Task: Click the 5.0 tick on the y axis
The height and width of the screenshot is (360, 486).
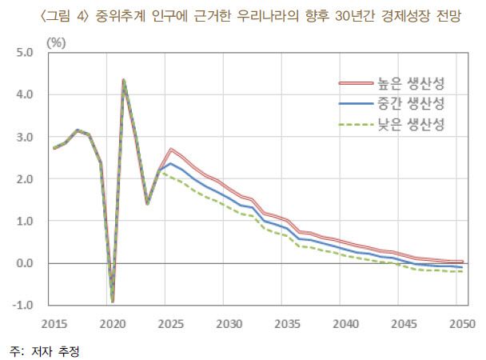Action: (23, 53)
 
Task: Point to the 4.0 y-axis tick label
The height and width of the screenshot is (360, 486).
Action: (23, 94)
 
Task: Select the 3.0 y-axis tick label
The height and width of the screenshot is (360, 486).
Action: (23, 137)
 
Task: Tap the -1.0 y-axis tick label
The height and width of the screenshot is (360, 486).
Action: (22, 305)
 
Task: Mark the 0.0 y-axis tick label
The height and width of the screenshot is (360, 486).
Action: (23, 262)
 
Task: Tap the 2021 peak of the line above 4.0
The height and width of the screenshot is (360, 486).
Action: (124, 80)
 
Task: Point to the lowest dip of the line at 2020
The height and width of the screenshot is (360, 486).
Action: (113, 301)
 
